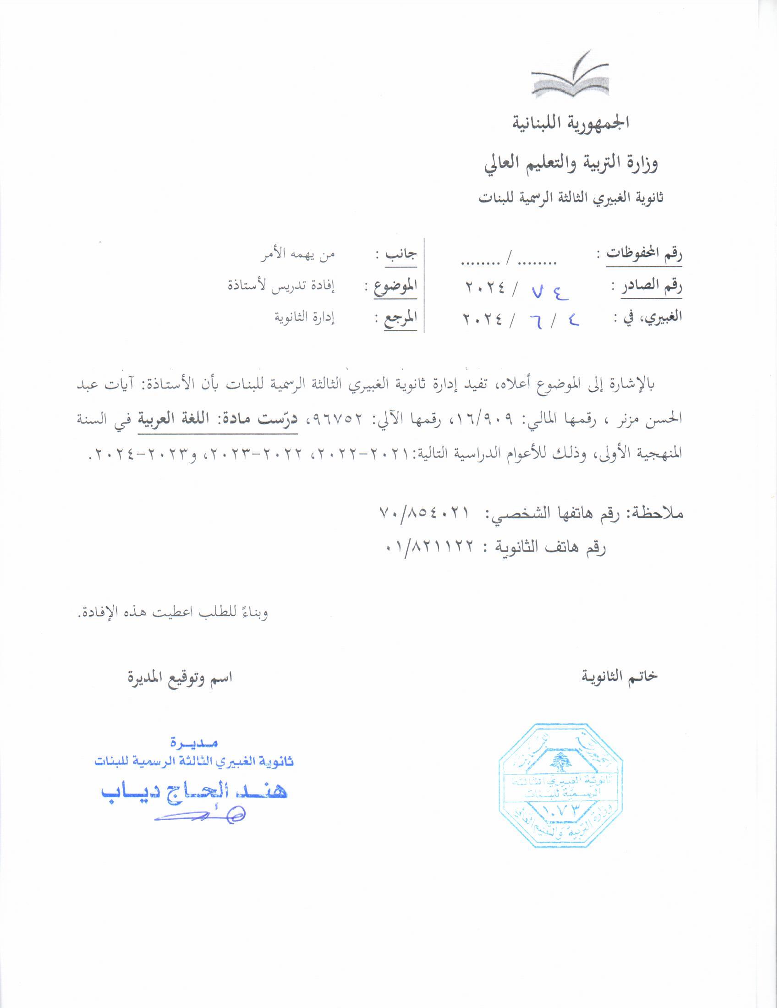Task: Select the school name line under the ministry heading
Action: pyautogui.click(x=571, y=197)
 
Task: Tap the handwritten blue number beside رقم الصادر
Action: pyautogui.click(x=549, y=291)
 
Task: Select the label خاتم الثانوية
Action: pyautogui.click(x=620, y=677)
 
